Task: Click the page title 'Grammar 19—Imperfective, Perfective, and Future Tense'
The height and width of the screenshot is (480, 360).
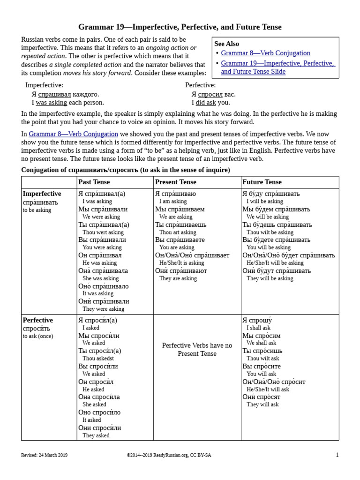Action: [180, 27]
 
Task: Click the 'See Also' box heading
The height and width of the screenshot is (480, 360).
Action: [226, 44]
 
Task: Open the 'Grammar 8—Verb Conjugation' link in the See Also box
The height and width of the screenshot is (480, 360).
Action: [265, 53]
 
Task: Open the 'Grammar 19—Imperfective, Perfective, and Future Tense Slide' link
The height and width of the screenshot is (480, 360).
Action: [277, 67]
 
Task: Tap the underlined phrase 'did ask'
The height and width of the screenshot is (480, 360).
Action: [206, 103]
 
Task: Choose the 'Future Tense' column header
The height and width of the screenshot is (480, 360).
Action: [262, 182]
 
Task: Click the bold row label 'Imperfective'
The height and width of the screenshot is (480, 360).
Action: [42, 194]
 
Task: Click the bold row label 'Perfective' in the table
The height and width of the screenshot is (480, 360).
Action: [37, 320]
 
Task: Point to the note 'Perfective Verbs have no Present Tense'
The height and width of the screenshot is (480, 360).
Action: [197, 349]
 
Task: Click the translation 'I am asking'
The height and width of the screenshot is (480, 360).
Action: [173, 202]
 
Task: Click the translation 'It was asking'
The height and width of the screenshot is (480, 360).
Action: [98, 294]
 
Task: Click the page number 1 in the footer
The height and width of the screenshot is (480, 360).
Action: [337, 455]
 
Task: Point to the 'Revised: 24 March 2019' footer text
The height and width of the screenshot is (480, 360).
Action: [45, 455]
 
